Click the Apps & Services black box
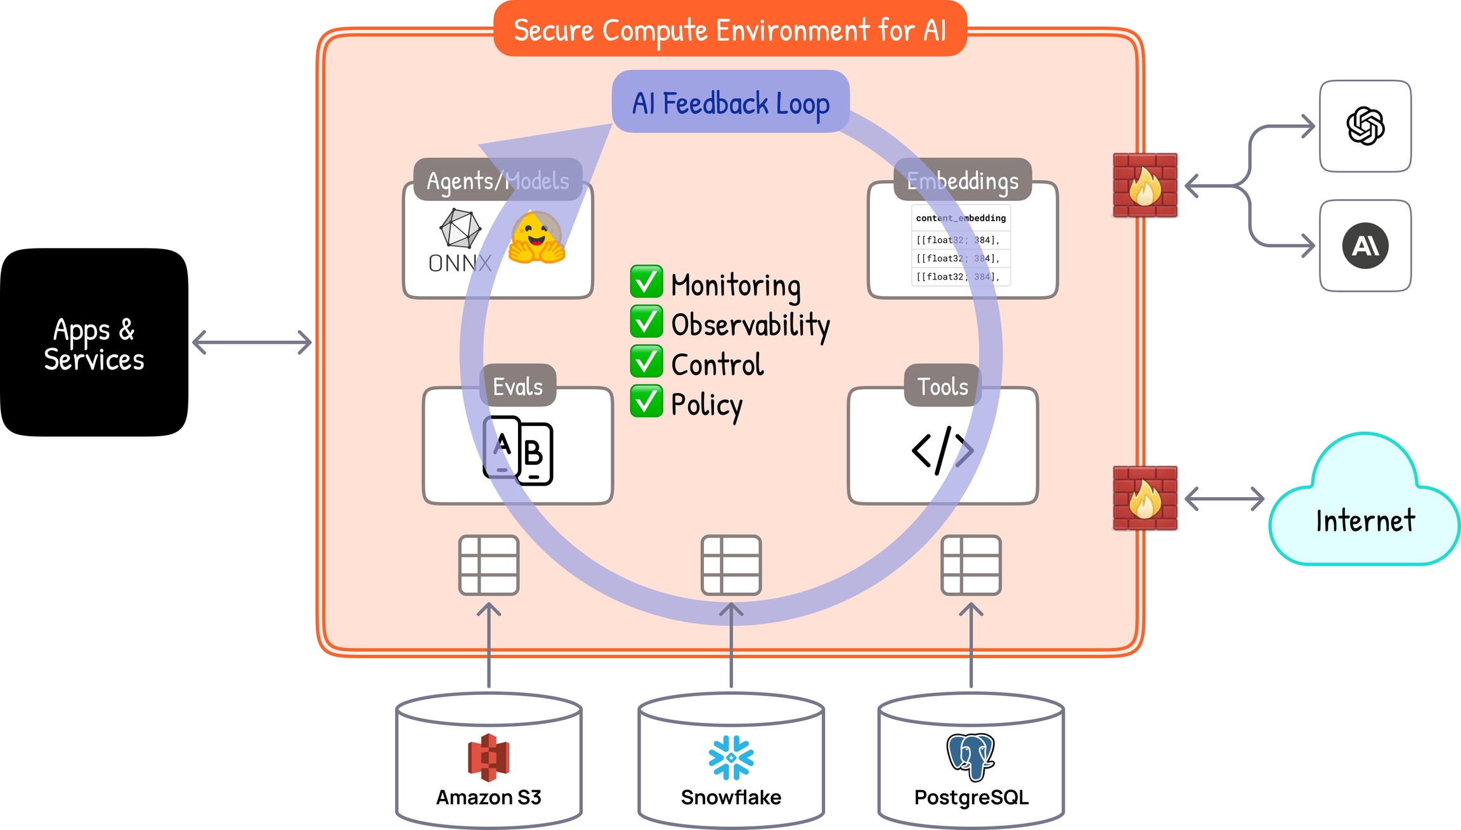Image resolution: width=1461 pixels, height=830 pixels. click(94, 342)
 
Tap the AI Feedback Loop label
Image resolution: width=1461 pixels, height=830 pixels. click(730, 103)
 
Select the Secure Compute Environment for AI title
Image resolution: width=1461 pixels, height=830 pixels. click(729, 30)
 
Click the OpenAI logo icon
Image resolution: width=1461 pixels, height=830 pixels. click(1365, 126)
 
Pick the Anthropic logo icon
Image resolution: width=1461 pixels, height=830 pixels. click(1365, 246)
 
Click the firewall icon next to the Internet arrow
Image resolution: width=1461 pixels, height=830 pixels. click(1145, 498)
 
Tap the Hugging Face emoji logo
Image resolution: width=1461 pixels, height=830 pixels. click(536, 238)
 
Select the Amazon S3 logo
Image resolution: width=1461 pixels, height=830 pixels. click(488, 757)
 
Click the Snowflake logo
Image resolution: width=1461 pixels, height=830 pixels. click(731, 757)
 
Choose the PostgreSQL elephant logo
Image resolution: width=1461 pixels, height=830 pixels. click(971, 756)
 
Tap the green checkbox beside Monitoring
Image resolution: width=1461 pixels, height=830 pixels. click(646, 282)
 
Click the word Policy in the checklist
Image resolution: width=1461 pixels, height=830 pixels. click(706, 405)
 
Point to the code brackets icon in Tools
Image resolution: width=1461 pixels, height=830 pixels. click(942, 450)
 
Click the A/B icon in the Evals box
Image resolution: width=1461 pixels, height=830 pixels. click(517, 451)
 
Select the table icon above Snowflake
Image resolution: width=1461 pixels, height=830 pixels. click(731, 565)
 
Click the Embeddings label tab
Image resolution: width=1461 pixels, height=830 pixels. click(963, 181)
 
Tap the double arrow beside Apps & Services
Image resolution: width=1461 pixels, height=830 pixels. click(252, 342)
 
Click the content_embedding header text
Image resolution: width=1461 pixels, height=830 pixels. click(961, 218)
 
